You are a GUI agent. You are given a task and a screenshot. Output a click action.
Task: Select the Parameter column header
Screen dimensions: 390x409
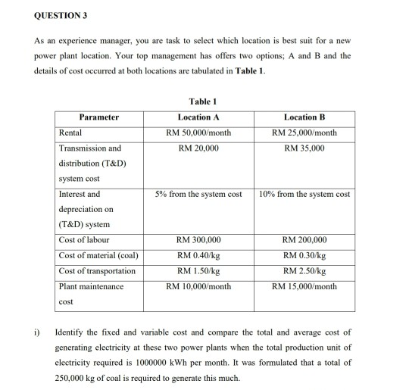pos(98,117)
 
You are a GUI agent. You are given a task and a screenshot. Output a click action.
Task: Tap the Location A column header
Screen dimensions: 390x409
pos(199,117)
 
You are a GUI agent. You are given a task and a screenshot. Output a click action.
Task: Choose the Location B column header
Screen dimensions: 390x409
pos(304,117)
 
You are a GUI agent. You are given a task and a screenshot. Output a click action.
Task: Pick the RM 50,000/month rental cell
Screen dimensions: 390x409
pos(199,133)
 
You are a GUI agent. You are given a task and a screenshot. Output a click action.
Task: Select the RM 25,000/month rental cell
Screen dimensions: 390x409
pos(304,133)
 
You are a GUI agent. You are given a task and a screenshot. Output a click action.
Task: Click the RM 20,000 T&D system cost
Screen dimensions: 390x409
pos(199,148)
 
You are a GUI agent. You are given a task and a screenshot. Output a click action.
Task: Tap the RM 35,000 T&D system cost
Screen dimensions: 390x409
pos(304,148)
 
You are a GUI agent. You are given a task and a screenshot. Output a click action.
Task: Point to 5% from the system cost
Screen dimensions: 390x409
pos(198,195)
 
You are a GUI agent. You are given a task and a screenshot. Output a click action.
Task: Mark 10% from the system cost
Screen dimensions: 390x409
pos(304,195)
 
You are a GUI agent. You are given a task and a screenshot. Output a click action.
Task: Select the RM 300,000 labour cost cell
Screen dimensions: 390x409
pos(199,240)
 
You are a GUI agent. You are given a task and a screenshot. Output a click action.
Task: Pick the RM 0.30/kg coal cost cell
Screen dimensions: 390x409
pos(304,255)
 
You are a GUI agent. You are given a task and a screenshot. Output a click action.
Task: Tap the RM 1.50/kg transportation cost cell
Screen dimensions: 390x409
pos(199,270)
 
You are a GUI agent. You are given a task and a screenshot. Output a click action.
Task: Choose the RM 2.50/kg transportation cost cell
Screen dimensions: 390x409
pos(304,270)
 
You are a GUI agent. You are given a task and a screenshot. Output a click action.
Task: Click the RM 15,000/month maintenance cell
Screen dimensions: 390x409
pos(304,286)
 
